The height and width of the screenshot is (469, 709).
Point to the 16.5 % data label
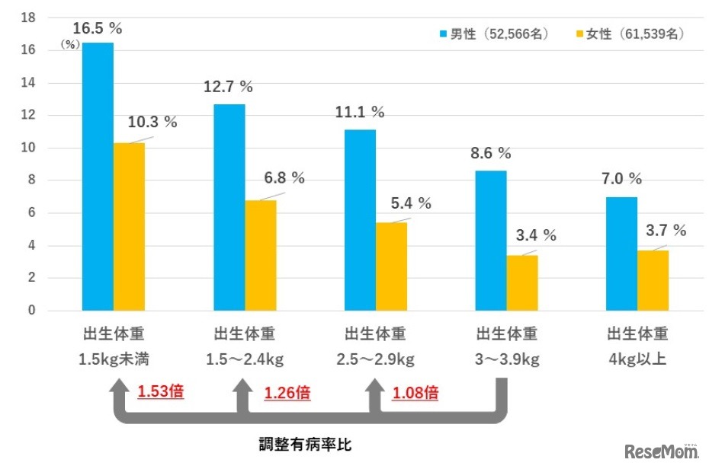tap(98, 28)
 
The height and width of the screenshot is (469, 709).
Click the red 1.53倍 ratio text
tap(160, 393)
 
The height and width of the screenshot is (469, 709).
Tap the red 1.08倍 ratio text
tap(415, 393)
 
